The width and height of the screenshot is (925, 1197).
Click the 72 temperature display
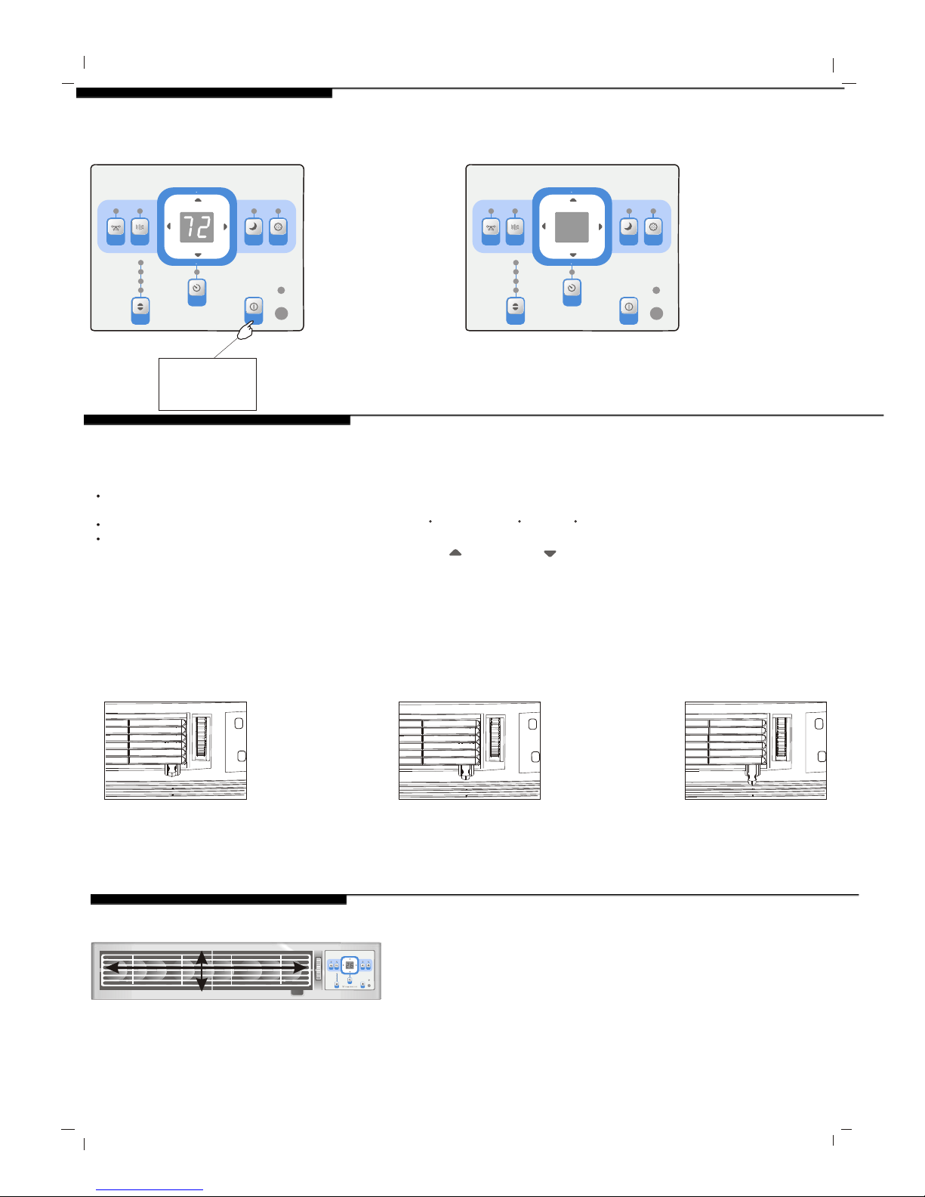click(196, 227)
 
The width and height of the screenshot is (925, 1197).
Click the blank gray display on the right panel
click(572, 227)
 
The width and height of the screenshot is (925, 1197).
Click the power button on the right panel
click(629, 310)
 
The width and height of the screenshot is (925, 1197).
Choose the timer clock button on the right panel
click(572, 292)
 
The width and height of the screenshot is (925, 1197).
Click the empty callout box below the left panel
click(208, 384)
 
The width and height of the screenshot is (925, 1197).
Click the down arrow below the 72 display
click(198, 255)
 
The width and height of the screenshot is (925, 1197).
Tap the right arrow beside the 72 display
click(225, 227)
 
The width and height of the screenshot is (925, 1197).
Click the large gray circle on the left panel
click(282, 313)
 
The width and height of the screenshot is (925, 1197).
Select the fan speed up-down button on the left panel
click(140, 310)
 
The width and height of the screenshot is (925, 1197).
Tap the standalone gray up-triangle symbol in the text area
click(455, 553)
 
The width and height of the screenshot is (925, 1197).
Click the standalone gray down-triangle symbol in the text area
click(550, 554)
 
